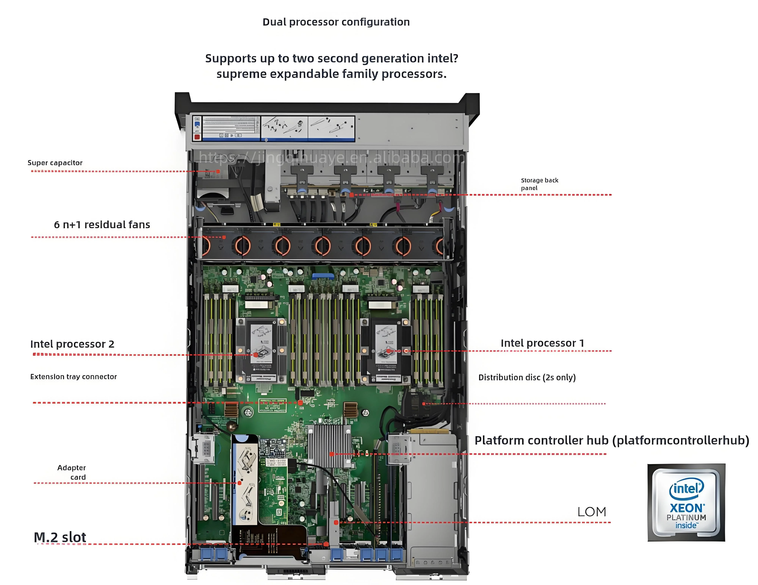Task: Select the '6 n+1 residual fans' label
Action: tap(102, 225)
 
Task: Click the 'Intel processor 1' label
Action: tap(542, 343)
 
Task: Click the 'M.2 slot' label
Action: tap(60, 537)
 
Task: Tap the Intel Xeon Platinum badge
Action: tap(686, 502)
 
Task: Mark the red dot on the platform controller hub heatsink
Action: tap(332, 454)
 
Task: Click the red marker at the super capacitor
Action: tap(218, 171)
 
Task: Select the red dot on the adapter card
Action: tap(239, 483)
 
